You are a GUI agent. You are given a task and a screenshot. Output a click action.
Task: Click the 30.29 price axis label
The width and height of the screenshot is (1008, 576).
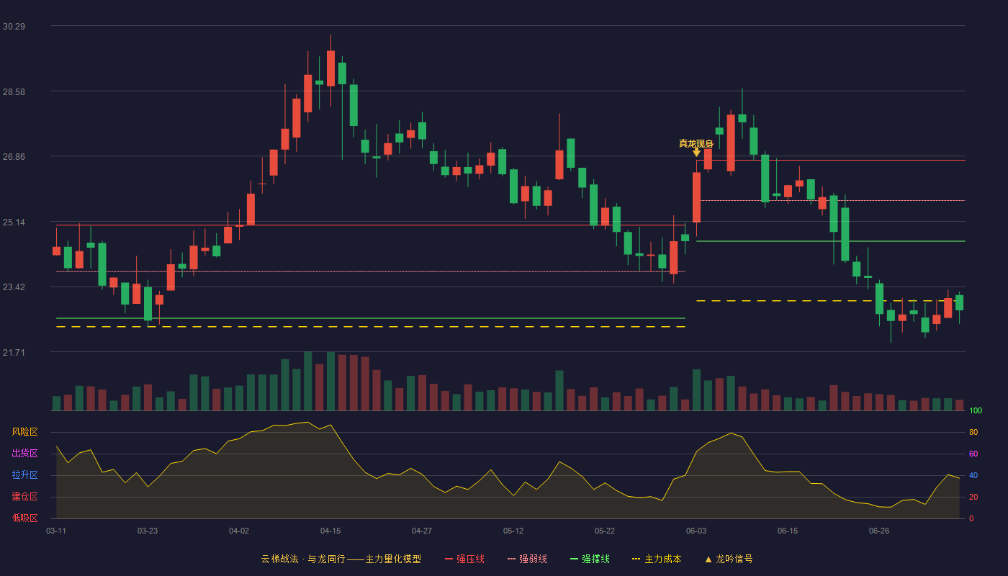pyautogui.click(x=14, y=27)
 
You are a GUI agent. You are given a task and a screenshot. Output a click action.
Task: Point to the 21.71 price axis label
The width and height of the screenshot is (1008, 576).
pyautogui.click(x=14, y=352)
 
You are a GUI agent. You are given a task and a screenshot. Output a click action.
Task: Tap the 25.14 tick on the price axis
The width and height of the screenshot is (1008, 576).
pyautogui.click(x=14, y=222)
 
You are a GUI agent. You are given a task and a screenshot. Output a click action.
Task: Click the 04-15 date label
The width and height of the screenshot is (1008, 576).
pyautogui.click(x=330, y=531)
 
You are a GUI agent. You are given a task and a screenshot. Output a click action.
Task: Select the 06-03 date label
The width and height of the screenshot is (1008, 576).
pyautogui.click(x=696, y=531)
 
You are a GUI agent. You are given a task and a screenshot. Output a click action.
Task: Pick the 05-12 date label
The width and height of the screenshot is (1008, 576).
pyautogui.click(x=513, y=531)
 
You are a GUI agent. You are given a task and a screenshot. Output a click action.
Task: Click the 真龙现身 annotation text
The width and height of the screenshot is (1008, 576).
pyautogui.click(x=696, y=143)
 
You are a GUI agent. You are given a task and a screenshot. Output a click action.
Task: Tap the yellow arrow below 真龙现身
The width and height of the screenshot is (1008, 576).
pyautogui.click(x=697, y=153)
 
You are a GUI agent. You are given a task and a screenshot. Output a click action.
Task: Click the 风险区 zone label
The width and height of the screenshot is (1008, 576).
pyautogui.click(x=24, y=432)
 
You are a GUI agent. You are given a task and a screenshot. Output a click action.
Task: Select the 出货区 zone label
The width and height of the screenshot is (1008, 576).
pyautogui.click(x=24, y=453)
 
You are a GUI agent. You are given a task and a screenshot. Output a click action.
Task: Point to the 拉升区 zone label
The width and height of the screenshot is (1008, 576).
pyautogui.click(x=24, y=474)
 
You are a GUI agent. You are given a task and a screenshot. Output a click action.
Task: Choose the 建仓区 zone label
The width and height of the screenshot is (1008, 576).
pyautogui.click(x=24, y=496)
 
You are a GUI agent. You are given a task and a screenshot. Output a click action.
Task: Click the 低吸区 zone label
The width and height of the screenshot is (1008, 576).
pyautogui.click(x=24, y=518)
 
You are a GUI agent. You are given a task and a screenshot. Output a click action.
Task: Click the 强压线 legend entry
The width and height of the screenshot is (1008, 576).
pyautogui.click(x=465, y=559)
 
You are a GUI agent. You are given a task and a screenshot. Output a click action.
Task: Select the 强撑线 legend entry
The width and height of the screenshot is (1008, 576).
pyautogui.click(x=590, y=559)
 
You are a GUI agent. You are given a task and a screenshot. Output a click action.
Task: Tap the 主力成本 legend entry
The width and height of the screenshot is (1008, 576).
pyautogui.click(x=657, y=559)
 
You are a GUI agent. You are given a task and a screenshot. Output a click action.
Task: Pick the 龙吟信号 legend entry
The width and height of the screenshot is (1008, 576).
pyautogui.click(x=729, y=559)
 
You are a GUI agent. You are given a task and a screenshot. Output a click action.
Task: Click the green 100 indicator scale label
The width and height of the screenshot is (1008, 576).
pyautogui.click(x=976, y=410)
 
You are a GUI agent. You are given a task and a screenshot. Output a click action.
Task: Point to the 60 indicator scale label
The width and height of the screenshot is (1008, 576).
pyautogui.click(x=973, y=454)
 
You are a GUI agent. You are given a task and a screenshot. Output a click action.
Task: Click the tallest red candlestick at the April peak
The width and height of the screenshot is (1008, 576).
pyautogui.click(x=330, y=68)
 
